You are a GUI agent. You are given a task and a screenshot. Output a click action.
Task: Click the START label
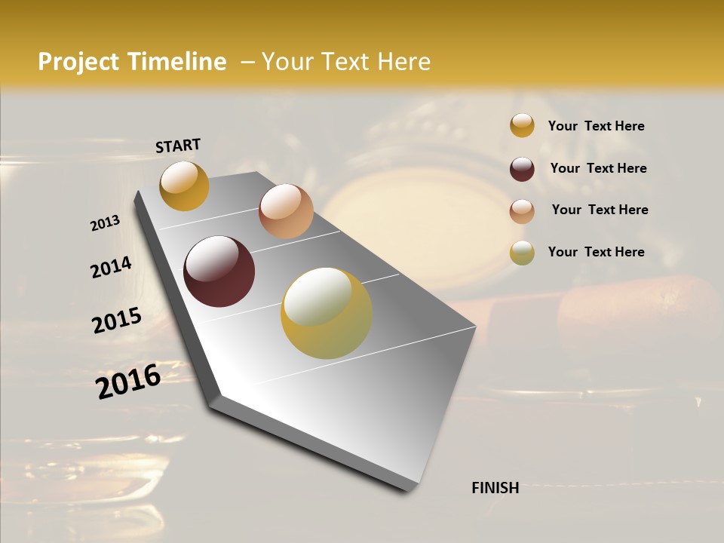[178, 146]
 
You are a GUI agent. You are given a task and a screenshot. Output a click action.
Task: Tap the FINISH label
[495, 488]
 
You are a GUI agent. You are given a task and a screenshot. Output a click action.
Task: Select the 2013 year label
[105, 223]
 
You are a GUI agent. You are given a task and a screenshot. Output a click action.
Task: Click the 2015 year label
[117, 321]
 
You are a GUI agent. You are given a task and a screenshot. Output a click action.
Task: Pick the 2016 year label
[128, 382]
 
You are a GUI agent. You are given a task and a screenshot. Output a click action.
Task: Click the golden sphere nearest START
[184, 186]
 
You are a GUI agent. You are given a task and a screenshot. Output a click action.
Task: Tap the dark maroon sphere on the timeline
[219, 271]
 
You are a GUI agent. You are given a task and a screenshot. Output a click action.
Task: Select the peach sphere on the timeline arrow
[286, 211]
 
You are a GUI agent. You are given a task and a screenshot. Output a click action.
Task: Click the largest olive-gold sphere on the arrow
[327, 313]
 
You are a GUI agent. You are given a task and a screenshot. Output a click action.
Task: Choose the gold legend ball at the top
[522, 126]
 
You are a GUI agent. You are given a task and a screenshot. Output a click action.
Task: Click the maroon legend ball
[522, 169]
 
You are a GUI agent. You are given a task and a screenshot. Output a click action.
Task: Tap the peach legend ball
[522, 210]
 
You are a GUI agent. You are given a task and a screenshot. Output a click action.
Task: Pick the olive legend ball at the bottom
[522, 253]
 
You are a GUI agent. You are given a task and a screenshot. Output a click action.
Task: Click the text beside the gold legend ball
[596, 126]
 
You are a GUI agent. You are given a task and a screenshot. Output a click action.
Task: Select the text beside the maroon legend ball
[598, 168]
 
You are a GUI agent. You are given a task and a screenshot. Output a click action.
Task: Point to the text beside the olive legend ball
[596, 252]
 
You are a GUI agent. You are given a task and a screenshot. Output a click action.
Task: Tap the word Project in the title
[78, 62]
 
